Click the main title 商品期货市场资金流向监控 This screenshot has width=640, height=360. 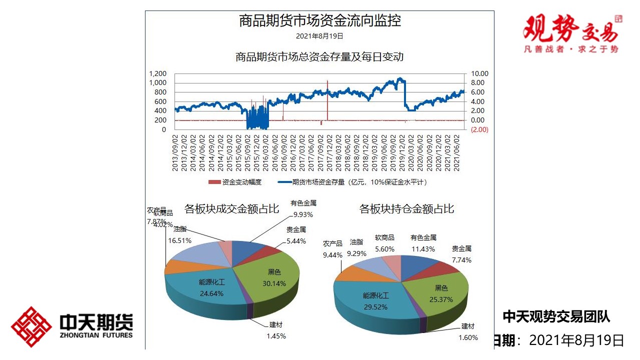(x=319, y=21)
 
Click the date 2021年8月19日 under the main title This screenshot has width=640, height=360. (x=319, y=36)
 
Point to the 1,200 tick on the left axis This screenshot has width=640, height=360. (x=158, y=74)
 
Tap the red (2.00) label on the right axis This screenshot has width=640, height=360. (x=479, y=129)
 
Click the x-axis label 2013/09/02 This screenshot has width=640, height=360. (x=175, y=152)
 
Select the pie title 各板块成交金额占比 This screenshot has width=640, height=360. (x=231, y=208)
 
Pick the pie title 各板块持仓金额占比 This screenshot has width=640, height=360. (x=406, y=208)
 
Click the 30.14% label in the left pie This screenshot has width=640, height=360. (x=274, y=283)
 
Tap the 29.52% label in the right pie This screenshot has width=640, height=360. (x=375, y=307)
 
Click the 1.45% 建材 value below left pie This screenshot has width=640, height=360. (x=276, y=336)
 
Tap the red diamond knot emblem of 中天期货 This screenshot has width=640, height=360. (x=31, y=326)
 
